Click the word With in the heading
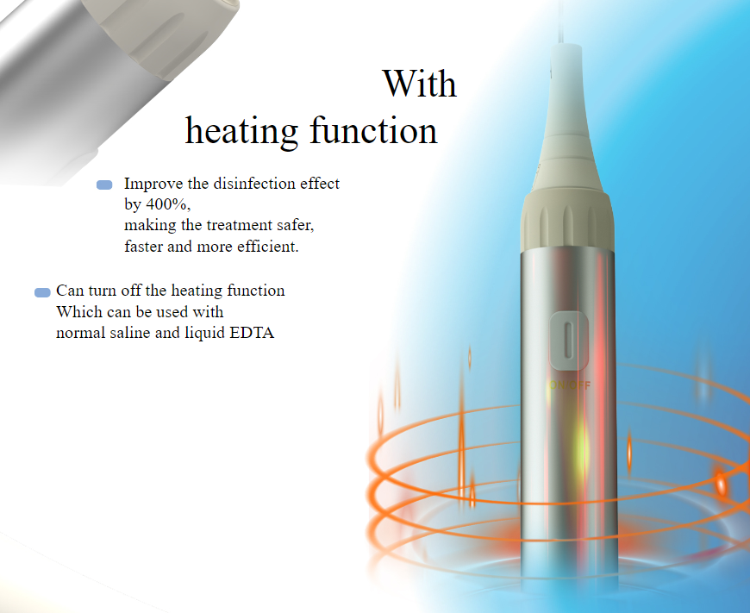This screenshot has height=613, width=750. tap(420, 84)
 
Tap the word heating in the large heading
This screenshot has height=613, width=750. tap(241, 131)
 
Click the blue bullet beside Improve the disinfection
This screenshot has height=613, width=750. tap(104, 185)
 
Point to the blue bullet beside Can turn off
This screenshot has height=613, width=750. tap(42, 292)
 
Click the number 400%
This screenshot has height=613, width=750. tap(168, 204)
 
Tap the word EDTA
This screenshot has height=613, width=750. tap(252, 333)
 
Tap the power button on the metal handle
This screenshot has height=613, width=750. tap(569, 341)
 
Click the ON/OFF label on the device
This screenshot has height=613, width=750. tap(570, 385)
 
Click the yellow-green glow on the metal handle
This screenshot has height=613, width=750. tap(582, 447)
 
